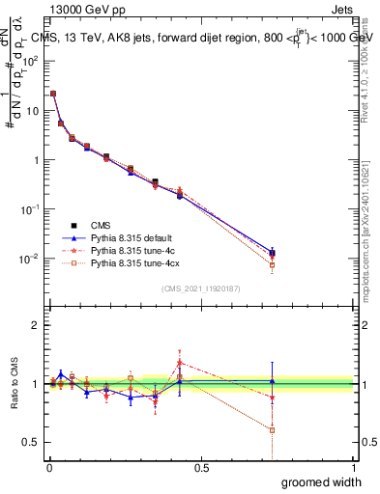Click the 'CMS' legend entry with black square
[x=101, y=224]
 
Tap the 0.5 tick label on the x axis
[x=202, y=468]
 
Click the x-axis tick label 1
[x=354, y=468]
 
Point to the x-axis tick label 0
[x=49, y=468]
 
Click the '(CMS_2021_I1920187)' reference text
[x=202, y=288]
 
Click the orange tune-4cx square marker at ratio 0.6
[x=273, y=429]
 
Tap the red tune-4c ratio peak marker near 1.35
[x=180, y=363]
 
